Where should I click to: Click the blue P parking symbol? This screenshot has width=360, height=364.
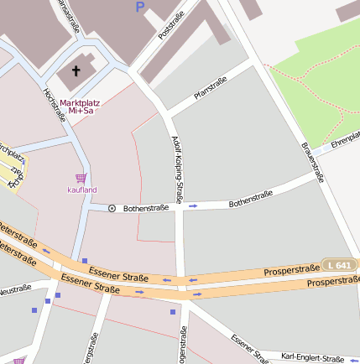pyautogui.click(x=139, y=7)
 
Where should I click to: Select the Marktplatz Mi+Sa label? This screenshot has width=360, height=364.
pyautogui.click(x=80, y=107)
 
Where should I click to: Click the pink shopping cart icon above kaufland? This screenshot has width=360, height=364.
pyautogui.click(x=81, y=178)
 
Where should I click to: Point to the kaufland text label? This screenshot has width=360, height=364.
pyautogui.click(x=82, y=190)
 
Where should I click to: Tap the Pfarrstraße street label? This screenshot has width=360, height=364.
pyautogui.click(x=211, y=89)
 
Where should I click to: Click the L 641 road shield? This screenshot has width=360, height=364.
pyautogui.click(x=341, y=265)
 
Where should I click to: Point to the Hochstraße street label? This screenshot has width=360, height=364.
pyautogui.click(x=55, y=104)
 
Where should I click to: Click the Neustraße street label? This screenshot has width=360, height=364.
pyautogui.click(x=14, y=290)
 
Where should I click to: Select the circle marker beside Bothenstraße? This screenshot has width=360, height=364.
pyautogui.click(x=112, y=208)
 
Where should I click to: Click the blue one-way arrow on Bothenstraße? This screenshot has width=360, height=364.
pyautogui.click(x=193, y=205)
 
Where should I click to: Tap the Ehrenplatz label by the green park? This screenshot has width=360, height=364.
pyautogui.click(x=344, y=139)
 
